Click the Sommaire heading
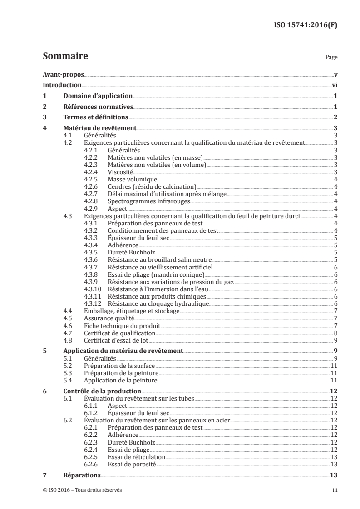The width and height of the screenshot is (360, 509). click(65, 57)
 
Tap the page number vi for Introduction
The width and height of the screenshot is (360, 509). click(334, 85)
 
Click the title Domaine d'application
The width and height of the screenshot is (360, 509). click(98, 96)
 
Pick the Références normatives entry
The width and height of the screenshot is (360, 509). click(98, 107)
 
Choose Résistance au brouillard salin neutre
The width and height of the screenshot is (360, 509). click(160, 260)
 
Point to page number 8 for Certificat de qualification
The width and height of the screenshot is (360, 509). click(335, 333)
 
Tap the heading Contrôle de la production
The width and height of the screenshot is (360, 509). click(102, 391)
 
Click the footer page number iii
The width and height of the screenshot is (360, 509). click(335, 490)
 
